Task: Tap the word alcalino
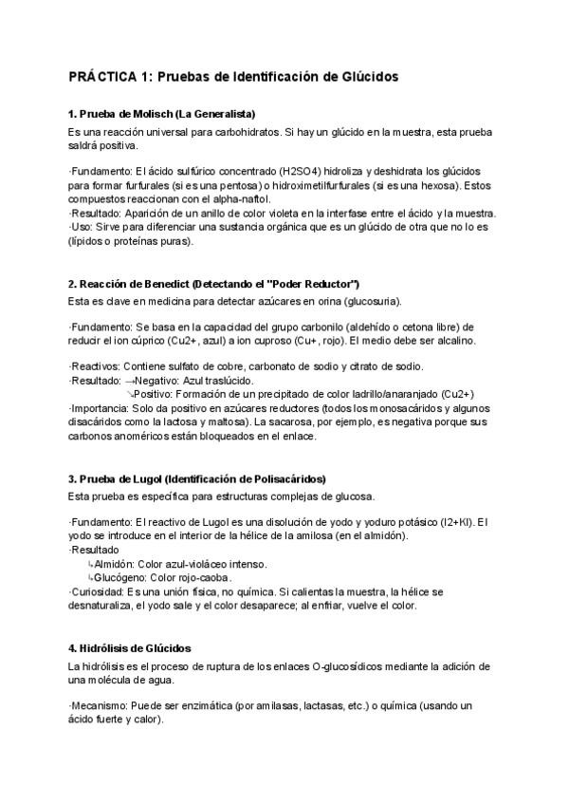[455, 340]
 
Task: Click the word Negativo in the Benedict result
[159, 380]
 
